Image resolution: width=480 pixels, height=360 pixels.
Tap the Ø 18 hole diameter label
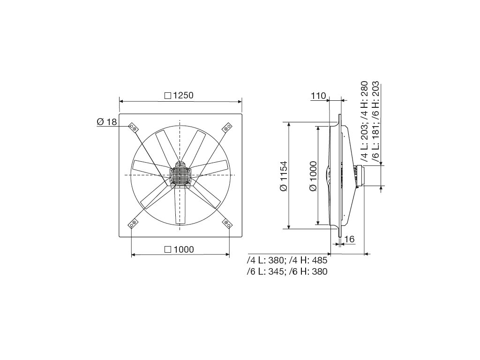(x=107, y=122)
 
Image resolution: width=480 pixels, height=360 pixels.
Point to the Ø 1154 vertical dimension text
(x=284, y=176)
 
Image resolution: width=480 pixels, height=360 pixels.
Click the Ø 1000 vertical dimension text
(x=313, y=176)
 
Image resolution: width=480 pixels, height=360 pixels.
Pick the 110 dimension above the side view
(x=319, y=96)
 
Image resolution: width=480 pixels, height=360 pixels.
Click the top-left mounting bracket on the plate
(x=133, y=127)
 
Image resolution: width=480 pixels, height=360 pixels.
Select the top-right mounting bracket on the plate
(x=226, y=127)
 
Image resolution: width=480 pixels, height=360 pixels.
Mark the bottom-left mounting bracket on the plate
(x=133, y=223)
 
